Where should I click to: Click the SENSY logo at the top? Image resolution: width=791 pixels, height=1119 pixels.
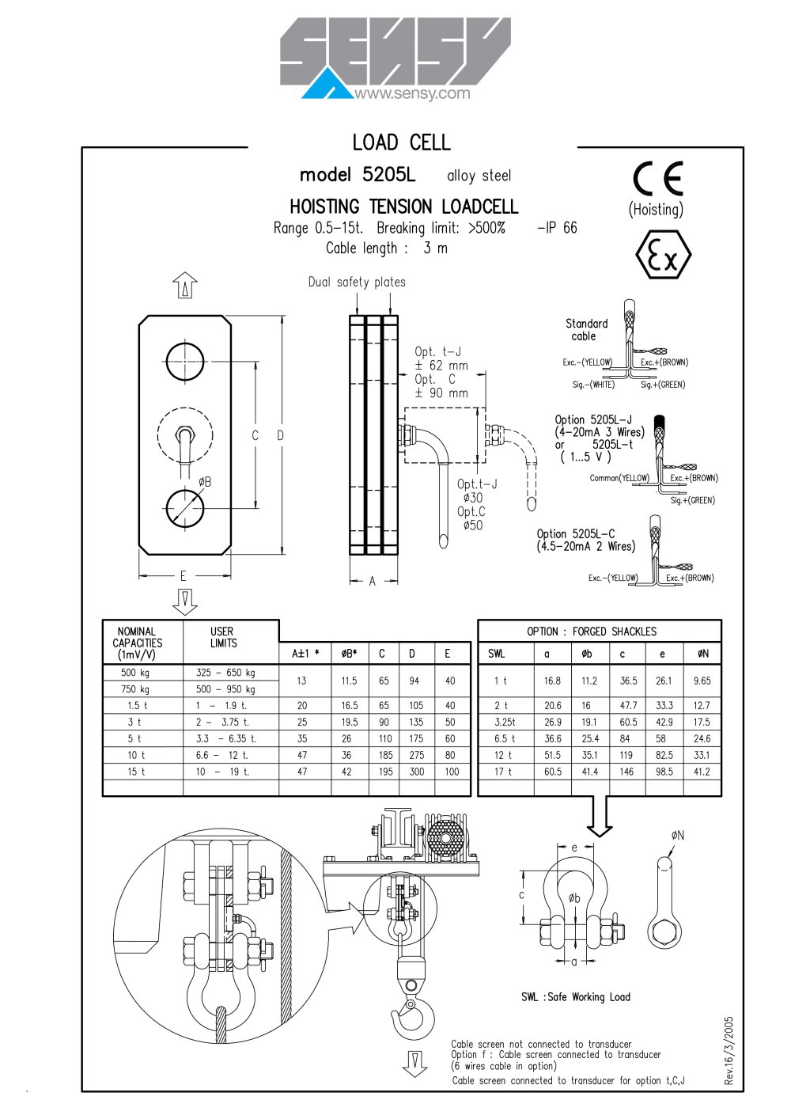[x=395, y=58]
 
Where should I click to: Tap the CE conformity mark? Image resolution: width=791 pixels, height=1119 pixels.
[x=657, y=178]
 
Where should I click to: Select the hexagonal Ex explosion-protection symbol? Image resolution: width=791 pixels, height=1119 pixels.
[x=663, y=254]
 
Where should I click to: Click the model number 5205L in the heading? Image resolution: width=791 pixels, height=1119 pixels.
[x=388, y=174]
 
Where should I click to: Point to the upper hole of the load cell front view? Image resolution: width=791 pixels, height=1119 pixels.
[x=185, y=361]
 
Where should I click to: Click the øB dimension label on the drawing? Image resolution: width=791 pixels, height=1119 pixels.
[x=205, y=482]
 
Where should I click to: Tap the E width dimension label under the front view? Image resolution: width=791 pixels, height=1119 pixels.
[x=184, y=576]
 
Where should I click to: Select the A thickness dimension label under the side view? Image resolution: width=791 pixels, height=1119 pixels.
[x=372, y=581]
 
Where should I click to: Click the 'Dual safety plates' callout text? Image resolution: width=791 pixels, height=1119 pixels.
[x=357, y=283]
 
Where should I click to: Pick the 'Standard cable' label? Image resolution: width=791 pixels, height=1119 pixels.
[x=586, y=330]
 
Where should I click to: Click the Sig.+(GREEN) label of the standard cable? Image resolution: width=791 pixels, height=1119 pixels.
[x=663, y=385]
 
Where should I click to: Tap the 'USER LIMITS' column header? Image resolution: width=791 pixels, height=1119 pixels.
[x=223, y=637]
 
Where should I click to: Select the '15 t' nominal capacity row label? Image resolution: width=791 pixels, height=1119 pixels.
[x=136, y=772]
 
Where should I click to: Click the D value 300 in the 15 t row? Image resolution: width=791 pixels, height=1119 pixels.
[x=417, y=772]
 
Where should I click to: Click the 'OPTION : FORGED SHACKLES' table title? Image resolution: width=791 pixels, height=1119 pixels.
[x=592, y=632]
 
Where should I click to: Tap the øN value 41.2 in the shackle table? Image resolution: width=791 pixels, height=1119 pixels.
[x=702, y=772]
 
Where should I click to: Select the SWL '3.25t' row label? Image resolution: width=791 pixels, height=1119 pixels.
[x=505, y=722]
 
